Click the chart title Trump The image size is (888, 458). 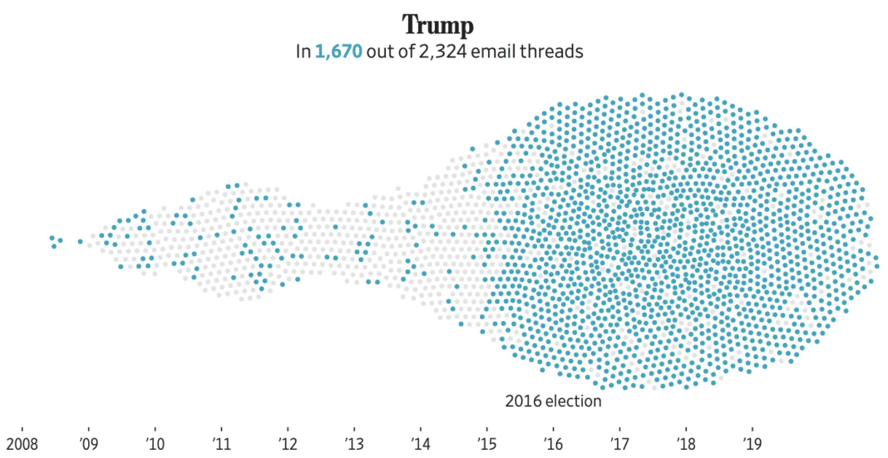(438, 25)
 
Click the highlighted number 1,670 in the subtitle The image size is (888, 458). (338, 52)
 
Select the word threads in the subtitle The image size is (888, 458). (552, 52)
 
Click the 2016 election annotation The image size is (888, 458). (553, 401)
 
